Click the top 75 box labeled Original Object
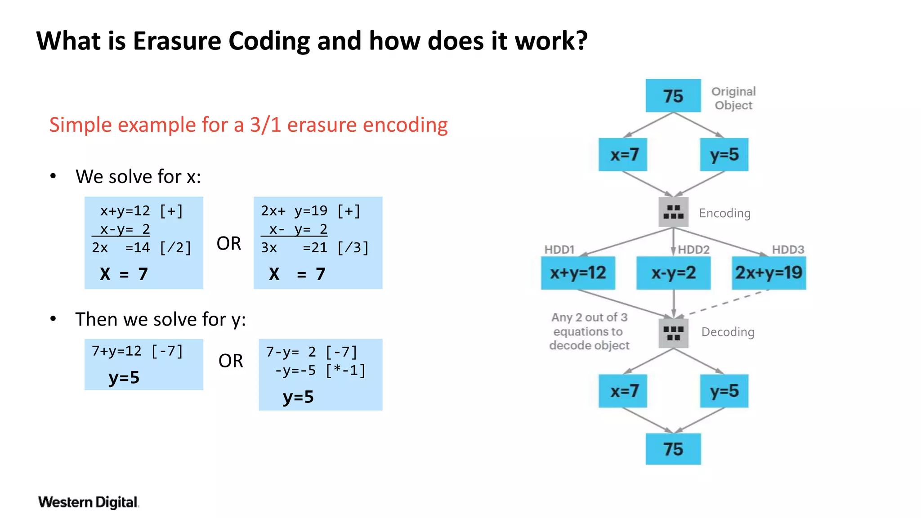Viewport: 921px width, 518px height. [673, 96]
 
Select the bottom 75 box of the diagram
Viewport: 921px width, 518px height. [673, 449]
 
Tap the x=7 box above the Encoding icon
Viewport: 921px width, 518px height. [623, 155]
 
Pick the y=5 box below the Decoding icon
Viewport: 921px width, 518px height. [724, 391]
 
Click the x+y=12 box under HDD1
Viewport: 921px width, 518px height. [578, 273]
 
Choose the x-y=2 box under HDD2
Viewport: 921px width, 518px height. [673, 273]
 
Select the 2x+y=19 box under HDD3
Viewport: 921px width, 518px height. [769, 273]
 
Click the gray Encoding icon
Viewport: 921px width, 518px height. [673, 212]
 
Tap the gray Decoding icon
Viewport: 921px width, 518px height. [673, 333]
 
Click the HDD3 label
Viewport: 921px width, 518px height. [788, 250]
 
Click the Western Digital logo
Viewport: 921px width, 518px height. [88, 502]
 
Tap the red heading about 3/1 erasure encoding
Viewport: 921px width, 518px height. [248, 125]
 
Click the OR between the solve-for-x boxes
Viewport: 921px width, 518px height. [228, 243]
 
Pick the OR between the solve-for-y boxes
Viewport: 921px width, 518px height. [230, 361]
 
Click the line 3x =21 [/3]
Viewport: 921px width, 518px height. [314, 248]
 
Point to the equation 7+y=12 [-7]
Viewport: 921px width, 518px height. [137, 351]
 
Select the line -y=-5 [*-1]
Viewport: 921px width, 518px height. [320, 371]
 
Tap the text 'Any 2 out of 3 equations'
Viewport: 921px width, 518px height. [589, 324]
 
